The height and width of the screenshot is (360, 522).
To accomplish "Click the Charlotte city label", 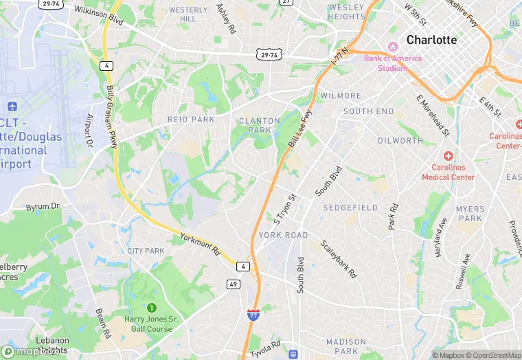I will (x=431, y=40).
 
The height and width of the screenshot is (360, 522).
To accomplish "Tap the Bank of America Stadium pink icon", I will (x=393, y=47).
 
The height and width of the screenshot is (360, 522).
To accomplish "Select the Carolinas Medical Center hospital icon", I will (x=448, y=157).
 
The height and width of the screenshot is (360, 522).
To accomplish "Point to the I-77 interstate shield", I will (x=253, y=315).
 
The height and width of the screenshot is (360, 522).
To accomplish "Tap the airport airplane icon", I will (x=12, y=107).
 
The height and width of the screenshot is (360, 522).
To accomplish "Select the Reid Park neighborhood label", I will (x=191, y=120).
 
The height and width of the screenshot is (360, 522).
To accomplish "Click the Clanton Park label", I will (x=259, y=125).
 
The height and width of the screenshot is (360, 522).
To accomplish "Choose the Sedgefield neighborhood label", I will (x=350, y=207).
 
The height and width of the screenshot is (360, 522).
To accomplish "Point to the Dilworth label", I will (x=400, y=141).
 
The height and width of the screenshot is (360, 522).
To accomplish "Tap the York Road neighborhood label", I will (x=284, y=235).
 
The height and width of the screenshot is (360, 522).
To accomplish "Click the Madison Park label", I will (x=346, y=346).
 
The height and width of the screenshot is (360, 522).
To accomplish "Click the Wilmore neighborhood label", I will (x=341, y=96).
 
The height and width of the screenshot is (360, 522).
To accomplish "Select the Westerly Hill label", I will (x=188, y=14).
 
